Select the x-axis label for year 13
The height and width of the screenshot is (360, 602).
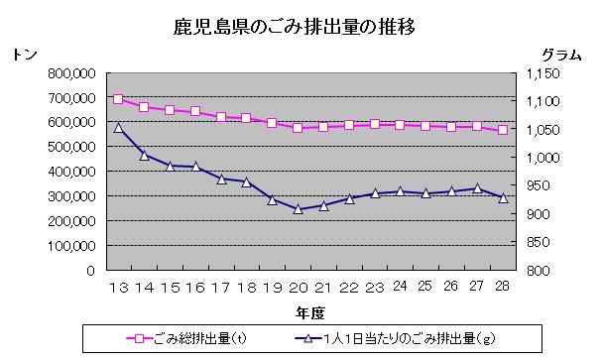[118, 288]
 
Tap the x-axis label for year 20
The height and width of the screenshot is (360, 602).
[297, 288]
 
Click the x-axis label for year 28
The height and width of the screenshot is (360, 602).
[502, 288]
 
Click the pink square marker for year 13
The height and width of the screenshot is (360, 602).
[118, 99]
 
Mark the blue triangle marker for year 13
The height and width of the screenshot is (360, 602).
[118, 128]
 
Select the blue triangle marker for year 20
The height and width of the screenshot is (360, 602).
[298, 209]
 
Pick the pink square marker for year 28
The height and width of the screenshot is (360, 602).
[503, 130]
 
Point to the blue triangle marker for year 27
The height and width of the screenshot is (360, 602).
[477, 188]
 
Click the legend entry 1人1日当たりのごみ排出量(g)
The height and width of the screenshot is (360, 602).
[397, 340]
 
